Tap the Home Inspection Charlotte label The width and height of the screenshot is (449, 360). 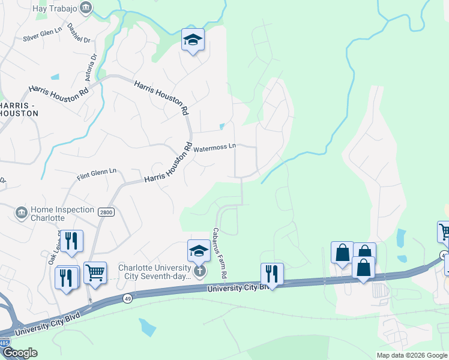(62, 214)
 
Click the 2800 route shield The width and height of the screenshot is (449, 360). (106, 212)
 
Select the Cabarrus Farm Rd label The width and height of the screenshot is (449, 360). (219, 252)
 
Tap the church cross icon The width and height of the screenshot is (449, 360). (199, 271)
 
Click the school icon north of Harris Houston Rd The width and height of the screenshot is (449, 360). (193, 40)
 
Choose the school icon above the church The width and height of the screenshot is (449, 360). (199, 250)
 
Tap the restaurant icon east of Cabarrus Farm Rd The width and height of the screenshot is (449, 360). (272, 274)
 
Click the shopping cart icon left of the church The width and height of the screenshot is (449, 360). (95, 272)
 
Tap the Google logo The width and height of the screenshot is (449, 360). (19, 353)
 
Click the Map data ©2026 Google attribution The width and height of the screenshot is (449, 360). (411, 355)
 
